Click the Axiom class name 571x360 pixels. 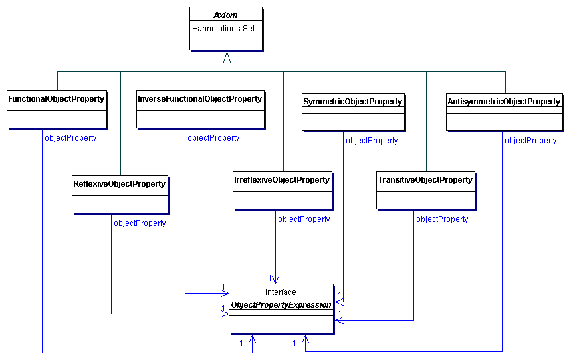coord(225,15)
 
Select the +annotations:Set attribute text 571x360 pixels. coord(224,29)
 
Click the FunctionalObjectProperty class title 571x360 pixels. coord(57,99)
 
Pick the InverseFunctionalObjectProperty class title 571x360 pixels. coord(199,99)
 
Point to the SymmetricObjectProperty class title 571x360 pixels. coord(352,102)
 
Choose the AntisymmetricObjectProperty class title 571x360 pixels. coord(504,102)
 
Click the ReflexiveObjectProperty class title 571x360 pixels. coord(119,183)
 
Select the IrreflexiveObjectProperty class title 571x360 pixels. coord(282,180)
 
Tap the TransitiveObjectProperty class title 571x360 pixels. coord(425,180)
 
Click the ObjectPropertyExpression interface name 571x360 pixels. coord(281,305)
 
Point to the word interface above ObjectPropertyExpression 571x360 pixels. coord(281,292)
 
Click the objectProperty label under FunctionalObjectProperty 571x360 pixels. coord(70,138)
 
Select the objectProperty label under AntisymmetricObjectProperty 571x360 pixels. coord(530,141)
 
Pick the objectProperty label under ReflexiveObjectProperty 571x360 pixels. coord(140,223)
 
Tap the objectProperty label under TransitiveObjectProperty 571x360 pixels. coord(442,219)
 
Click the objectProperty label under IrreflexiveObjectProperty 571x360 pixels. coord(304,219)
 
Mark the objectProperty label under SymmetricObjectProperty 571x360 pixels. coord(372,141)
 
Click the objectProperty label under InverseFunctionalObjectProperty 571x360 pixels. coord(213,138)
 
